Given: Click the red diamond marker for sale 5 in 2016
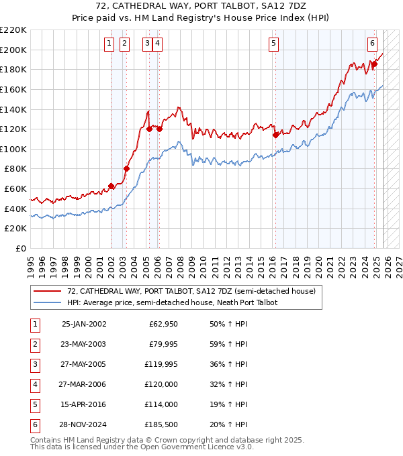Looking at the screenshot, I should (x=275, y=135).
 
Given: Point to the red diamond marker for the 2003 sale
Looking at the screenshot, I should (x=126, y=168).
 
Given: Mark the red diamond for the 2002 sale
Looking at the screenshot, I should (x=111, y=186).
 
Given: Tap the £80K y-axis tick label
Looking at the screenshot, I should (x=15, y=169).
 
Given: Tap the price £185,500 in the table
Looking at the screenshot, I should (x=163, y=424).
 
